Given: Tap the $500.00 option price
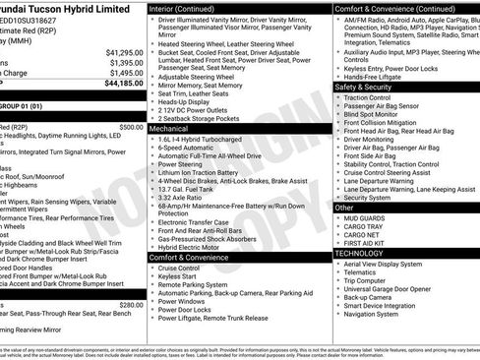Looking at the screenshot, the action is point(130,127).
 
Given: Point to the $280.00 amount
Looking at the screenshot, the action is point(130,305).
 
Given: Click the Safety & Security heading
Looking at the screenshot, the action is point(370,88).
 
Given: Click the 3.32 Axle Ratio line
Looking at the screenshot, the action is point(182,198).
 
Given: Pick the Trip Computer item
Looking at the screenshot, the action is point(366,279).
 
